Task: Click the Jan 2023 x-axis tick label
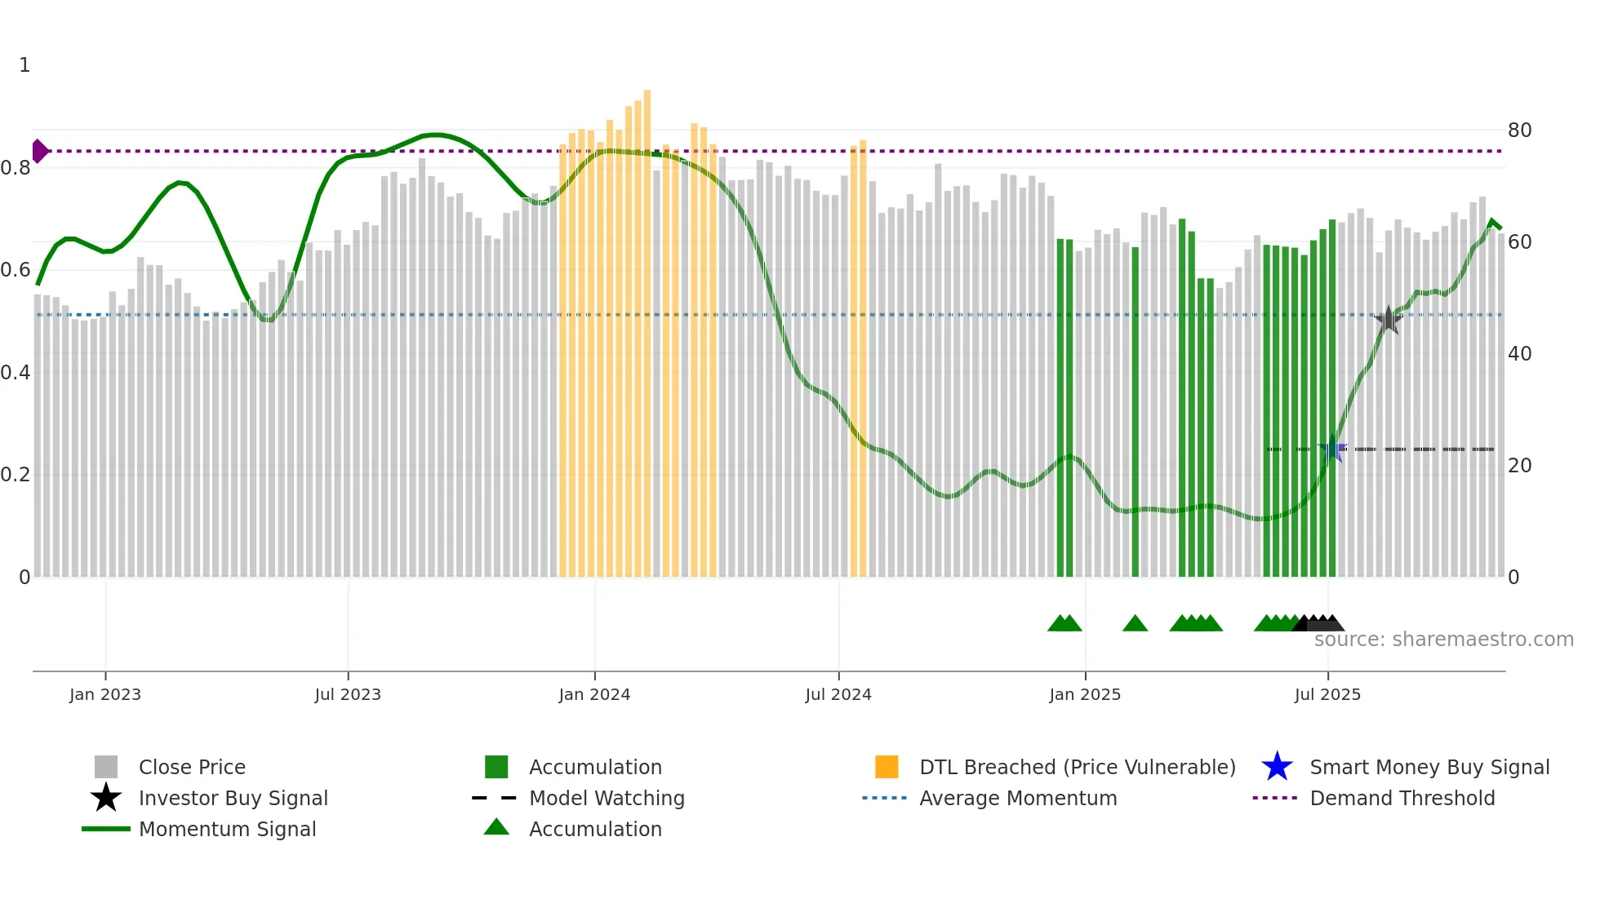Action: click(105, 694)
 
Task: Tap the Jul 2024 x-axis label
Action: click(838, 694)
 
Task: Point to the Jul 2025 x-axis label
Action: click(1327, 694)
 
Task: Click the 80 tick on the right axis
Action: click(1519, 131)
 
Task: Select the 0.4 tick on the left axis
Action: click(16, 373)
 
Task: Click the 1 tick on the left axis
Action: click(24, 65)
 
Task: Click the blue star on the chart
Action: click(1332, 449)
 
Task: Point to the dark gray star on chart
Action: click(1389, 320)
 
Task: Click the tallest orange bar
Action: click(647, 326)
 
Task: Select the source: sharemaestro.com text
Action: click(1443, 640)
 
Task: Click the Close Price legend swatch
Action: click(106, 767)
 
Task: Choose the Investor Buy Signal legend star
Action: click(106, 798)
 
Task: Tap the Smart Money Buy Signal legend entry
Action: click(1429, 767)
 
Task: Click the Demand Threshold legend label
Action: click(1402, 798)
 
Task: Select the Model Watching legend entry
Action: click(606, 798)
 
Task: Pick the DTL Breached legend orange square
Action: click(887, 767)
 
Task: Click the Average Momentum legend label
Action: click(1017, 798)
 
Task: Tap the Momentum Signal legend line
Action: click(106, 829)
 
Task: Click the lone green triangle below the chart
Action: click(1135, 624)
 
